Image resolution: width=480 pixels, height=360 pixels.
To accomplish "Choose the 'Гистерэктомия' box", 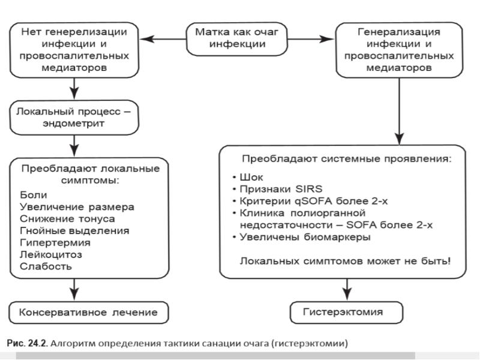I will click(x=343, y=312).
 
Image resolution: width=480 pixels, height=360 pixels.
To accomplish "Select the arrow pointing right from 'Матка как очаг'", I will click(x=311, y=40).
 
